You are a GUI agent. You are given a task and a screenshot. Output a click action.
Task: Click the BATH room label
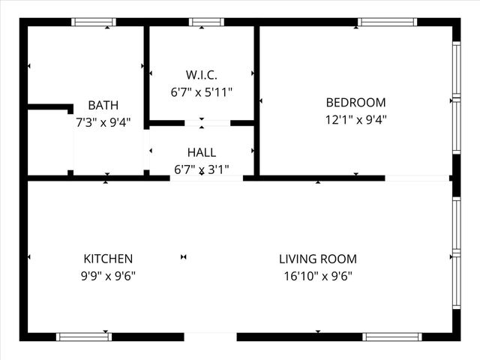pyautogui.click(x=103, y=105)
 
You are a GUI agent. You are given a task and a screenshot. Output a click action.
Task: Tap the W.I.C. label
pyautogui.click(x=201, y=75)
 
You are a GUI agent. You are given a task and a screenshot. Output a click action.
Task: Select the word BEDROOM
pyautogui.click(x=355, y=103)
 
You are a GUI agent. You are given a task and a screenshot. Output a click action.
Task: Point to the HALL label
pyautogui.click(x=201, y=153)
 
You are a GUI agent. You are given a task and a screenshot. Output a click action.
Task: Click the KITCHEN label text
pyautogui.click(x=108, y=259)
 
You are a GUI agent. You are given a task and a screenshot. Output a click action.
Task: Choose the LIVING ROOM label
pyautogui.click(x=317, y=259)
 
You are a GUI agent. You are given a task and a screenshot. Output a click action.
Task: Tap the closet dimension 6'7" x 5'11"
pyautogui.click(x=201, y=91)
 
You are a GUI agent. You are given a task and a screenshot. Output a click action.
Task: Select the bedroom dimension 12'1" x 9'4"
pyautogui.click(x=355, y=118)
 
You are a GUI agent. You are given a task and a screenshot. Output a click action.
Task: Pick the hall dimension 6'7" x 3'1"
pyautogui.click(x=201, y=169)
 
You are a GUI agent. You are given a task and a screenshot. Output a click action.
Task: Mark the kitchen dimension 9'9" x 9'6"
pyautogui.click(x=108, y=275)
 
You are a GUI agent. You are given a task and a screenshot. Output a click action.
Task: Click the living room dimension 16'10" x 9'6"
pyautogui.click(x=317, y=275)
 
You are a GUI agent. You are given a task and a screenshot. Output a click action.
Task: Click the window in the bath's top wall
pyautogui.click(x=94, y=22)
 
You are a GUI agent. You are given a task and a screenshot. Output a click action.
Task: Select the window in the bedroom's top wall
pyautogui.click(x=387, y=22)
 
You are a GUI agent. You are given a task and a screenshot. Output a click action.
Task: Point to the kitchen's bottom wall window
pyautogui.click(x=85, y=336)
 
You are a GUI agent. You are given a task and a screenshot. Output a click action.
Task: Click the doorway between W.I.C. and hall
pyautogui.click(x=207, y=122)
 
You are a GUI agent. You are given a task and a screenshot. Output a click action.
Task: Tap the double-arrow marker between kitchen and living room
pyautogui.click(x=183, y=257)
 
